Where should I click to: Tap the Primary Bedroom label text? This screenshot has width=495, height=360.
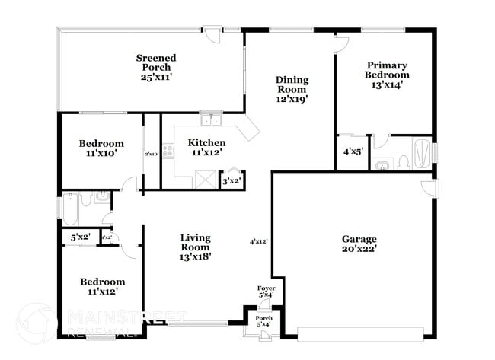pyautogui.click(x=388, y=75)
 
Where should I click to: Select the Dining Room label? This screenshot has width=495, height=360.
pyautogui.click(x=291, y=89)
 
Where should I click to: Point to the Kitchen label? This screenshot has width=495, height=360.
pyautogui.click(x=206, y=148)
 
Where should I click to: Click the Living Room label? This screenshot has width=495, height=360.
pyautogui.click(x=195, y=247)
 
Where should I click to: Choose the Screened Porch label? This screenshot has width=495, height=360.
pyautogui.click(x=156, y=67)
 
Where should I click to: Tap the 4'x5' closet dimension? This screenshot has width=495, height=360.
pyautogui.click(x=352, y=152)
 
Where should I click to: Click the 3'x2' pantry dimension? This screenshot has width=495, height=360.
pyautogui.click(x=231, y=180)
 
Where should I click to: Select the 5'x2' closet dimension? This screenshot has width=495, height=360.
pyautogui.click(x=80, y=237)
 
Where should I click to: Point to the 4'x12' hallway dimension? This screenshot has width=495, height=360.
pyautogui.click(x=259, y=242)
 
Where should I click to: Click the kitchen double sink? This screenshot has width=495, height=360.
pyautogui.click(x=210, y=119)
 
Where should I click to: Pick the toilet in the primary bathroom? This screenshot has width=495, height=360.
pyautogui.click(x=383, y=164)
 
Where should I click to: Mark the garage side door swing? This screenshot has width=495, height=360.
pyautogui.click(x=429, y=188)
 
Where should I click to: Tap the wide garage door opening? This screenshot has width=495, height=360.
pyautogui.click(x=363, y=334)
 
